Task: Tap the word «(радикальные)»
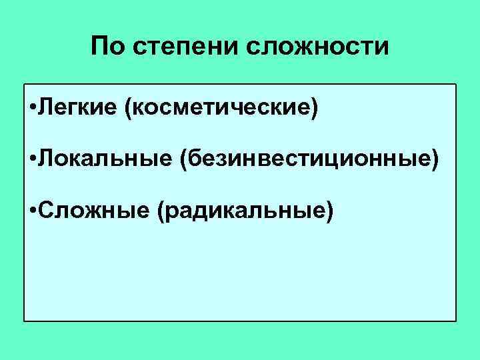[243, 209]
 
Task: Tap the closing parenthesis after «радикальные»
[328, 210]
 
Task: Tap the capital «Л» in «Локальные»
[46, 159]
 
